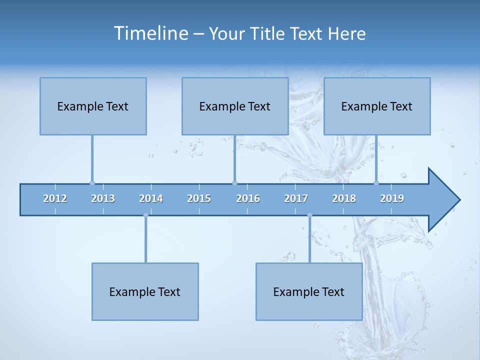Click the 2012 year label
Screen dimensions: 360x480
55,198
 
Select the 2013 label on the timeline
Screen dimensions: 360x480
103,198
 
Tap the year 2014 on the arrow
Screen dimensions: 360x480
151,198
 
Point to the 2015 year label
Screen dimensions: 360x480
199,198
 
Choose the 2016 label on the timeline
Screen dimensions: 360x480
248,198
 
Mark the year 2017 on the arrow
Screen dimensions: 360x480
296,198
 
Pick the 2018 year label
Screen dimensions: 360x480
344,198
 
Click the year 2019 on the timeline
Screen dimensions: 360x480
392,198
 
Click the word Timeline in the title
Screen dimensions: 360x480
150,33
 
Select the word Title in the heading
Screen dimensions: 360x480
269,34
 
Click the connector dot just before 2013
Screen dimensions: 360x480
92,183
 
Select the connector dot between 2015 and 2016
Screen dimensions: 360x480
234,183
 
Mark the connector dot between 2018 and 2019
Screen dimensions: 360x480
376,183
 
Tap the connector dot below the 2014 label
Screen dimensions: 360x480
145,215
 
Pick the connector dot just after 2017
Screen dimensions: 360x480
309,215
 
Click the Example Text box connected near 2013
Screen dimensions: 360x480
93,106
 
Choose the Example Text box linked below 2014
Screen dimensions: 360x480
145,291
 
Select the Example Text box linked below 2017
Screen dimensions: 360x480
309,291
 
